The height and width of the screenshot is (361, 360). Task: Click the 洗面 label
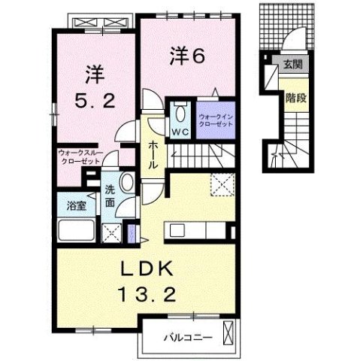pyautogui.click(x=110, y=196)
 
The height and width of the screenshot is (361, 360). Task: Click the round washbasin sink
pyautogui.click(x=126, y=185)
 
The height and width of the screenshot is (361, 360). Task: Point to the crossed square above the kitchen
pyautogui.click(x=221, y=183)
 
